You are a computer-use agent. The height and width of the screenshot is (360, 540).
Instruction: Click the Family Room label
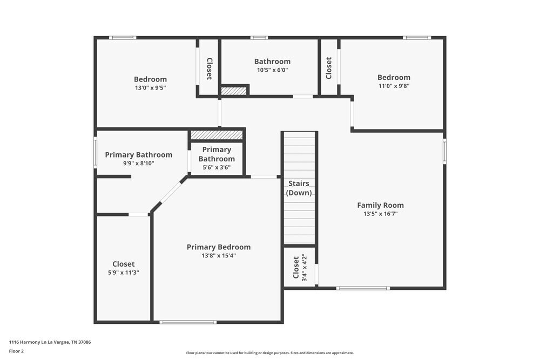click(380, 205)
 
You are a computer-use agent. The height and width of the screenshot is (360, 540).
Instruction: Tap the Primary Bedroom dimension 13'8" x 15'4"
click(218, 256)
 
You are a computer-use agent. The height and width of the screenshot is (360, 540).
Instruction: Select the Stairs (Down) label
click(299, 188)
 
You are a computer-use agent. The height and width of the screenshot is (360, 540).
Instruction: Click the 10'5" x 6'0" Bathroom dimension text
click(272, 70)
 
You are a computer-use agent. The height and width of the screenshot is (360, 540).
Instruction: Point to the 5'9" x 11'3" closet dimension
click(124, 273)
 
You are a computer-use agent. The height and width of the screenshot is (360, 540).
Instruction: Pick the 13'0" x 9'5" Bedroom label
click(150, 79)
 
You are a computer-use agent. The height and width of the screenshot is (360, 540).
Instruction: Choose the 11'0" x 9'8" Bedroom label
click(394, 77)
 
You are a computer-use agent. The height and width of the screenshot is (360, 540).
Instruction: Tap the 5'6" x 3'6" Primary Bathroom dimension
click(217, 167)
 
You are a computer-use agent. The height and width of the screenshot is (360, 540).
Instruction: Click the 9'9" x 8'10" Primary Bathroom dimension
click(138, 163)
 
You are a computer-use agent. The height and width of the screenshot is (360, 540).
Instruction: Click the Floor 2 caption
click(16, 351)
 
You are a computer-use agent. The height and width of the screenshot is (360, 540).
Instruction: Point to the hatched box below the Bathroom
click(234, 91)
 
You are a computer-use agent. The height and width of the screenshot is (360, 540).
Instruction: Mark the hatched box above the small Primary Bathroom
click(217, 134)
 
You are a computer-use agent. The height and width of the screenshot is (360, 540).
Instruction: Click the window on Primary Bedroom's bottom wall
click(188, 322)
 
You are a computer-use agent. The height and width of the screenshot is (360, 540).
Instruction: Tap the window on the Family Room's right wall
click(445, 151)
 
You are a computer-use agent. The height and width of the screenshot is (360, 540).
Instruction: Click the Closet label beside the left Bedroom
click(209, 69)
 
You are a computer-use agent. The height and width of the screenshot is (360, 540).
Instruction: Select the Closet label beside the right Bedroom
click(329, 68)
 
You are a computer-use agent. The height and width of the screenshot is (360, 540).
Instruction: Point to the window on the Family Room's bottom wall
click(362, 288)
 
